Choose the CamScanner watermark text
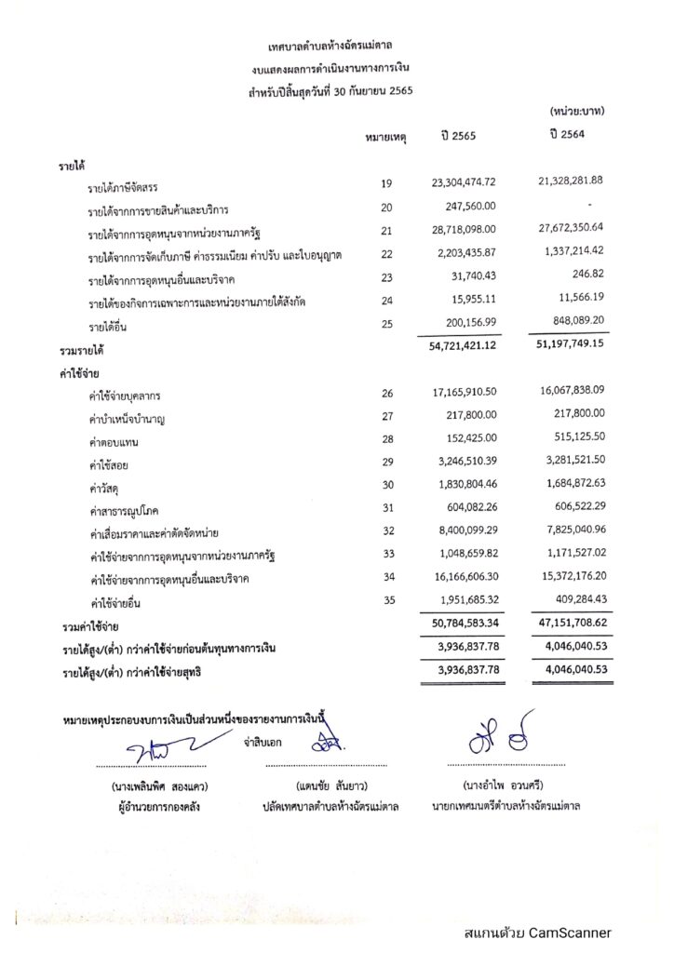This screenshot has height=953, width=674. point(537,932)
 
